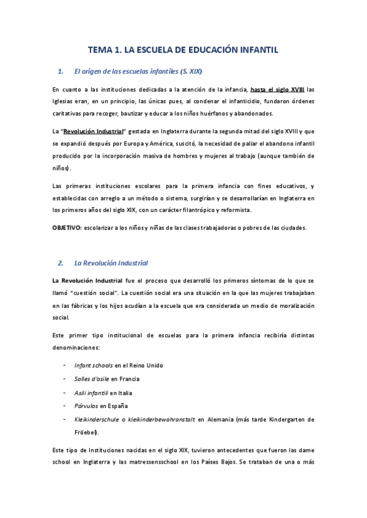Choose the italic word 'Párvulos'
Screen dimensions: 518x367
[x=86, y=406]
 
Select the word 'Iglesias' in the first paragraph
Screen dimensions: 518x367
[x=64, y=101]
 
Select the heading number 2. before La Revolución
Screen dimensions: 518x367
[x=61, y=263]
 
